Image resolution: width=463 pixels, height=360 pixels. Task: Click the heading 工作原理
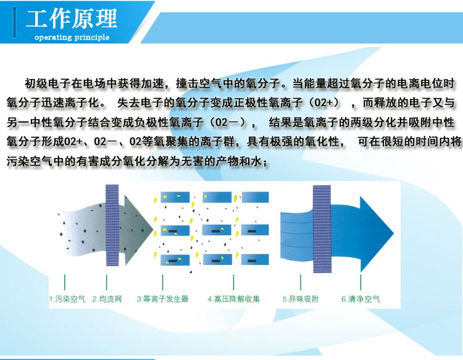(72, 19)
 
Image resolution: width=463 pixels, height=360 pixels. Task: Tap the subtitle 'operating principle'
(72, 37)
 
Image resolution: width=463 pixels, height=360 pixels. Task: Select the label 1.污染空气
(67, 299)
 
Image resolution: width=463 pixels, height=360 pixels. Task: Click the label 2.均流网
(107, 299)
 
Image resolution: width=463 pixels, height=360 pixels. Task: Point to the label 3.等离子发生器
(162, 299)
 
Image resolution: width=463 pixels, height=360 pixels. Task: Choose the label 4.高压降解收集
(233, 299)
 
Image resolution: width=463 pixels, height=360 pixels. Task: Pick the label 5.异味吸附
(301, 299)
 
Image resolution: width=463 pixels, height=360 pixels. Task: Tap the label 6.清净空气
(361, 299)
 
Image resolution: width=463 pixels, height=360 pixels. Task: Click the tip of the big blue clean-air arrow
(394, 233)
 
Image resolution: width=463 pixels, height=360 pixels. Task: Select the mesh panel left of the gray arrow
(112, 225)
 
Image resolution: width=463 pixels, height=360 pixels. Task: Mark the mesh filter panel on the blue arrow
(322, 229)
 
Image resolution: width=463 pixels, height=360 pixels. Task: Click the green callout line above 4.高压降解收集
(233, 282)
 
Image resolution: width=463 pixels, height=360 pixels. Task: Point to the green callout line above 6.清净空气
(361, 282)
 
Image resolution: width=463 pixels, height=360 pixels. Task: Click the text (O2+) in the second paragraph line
(324, 103)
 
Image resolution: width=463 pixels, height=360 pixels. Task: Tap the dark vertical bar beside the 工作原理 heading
(14, 22)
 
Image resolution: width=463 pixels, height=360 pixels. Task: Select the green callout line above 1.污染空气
(65, 282)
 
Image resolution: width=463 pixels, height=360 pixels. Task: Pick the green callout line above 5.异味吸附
(301, 282)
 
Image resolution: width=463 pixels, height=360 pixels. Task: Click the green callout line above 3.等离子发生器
(163, 282)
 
